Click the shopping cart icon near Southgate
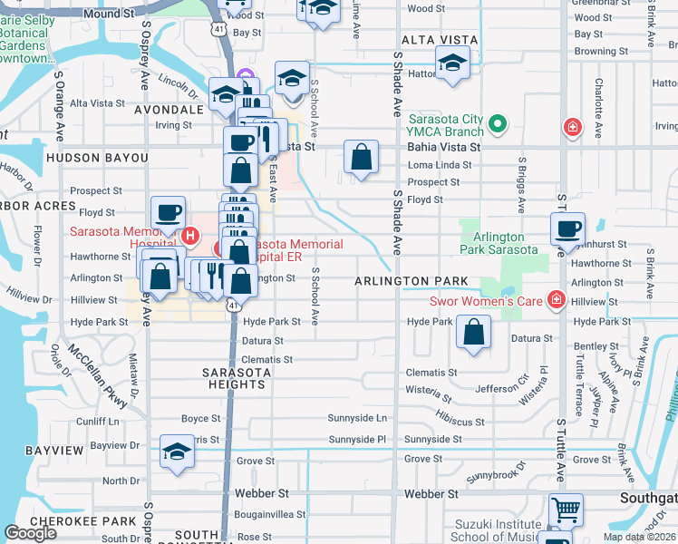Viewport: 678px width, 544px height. click(x=566, y=510)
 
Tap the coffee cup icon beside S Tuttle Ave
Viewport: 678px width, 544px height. click(x=567, y=229)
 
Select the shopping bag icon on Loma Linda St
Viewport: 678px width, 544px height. click(x=361, y=157)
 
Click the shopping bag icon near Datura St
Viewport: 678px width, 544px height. click(x=473, y=332)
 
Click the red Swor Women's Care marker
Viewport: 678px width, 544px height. click(x=555, y=300)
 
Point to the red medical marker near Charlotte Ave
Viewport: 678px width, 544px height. click(x=572, y=128)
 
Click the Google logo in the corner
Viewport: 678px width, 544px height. click(x=31, y=533)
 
